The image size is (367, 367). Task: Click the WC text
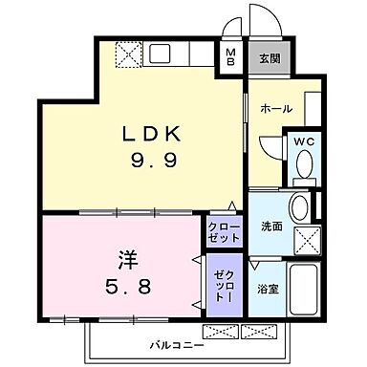pyautogui.click(x=304, y=141)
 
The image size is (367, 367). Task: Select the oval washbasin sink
pyautogui.click(x=298, y=207)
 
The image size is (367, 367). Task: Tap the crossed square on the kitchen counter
pyautogui.click(x=127, y=54)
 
